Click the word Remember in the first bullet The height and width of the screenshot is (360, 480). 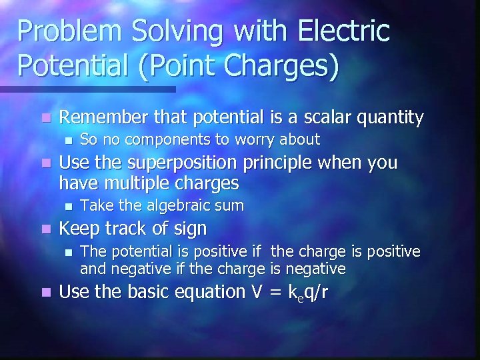coord(98,118)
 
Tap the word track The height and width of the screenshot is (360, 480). coord(133,229)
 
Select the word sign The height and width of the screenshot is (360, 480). coord(191,229)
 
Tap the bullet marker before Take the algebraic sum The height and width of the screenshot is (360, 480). coord(66,205)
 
